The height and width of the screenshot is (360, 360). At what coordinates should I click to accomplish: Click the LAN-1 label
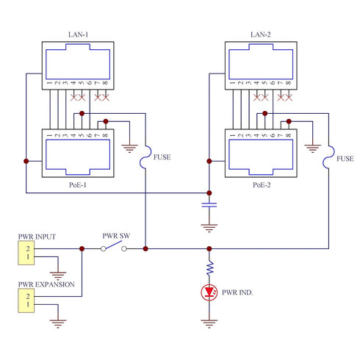[78, 35]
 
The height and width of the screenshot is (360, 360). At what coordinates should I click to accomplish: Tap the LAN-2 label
[261, 35]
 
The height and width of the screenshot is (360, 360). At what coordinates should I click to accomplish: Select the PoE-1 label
[78, 184]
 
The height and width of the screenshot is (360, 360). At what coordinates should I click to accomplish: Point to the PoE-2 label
[262, 184]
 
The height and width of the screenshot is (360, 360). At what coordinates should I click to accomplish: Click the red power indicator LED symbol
[209, 292]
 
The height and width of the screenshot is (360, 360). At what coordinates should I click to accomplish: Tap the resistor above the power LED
[209, 267]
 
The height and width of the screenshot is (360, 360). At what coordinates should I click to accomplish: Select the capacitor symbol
[209, 205]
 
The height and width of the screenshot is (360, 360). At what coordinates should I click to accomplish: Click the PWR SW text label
[116, 236]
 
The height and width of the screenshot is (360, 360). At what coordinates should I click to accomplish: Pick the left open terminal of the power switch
[104, 249]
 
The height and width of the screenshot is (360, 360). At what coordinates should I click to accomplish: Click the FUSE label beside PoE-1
[162, 157]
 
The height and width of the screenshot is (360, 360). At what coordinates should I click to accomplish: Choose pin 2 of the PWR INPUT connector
[28, 248]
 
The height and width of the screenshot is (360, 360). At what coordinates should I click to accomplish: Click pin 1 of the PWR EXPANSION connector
[28, 304]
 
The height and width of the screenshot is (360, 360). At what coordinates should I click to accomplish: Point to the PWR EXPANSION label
[46, 284]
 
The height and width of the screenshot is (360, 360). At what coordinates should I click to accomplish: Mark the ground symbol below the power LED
[209, 323]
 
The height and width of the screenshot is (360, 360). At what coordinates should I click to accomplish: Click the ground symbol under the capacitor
[209, 228]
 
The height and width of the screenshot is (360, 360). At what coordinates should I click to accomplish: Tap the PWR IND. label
[237, 292]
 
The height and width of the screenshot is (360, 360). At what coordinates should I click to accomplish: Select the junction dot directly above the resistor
[209, 249]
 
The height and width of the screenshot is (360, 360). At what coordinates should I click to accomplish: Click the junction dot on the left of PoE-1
[26, 161]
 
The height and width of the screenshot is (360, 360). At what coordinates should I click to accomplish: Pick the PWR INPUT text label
[37, 237]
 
